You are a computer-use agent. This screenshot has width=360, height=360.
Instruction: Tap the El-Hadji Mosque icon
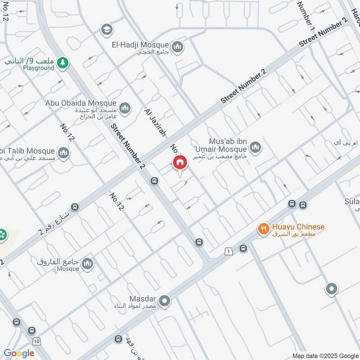click(x=178, y=46)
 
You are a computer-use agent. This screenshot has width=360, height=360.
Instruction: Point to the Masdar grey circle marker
click(x=165, y=301)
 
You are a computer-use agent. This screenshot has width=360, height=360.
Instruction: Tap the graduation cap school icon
click(x=107, y=29)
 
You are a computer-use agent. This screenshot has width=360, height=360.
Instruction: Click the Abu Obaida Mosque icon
click(x=125, y=108)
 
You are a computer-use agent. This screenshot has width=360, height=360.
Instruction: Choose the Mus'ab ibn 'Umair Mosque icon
click(x=255, y=147)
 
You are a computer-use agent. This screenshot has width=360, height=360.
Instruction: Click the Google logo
click(x=19, y=353)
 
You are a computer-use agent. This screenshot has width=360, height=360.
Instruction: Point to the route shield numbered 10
click(x=36, y=342)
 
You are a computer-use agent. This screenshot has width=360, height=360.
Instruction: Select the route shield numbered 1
click(x=229, y=251)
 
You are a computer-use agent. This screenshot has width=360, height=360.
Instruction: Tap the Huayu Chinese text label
click(x=297, y=227)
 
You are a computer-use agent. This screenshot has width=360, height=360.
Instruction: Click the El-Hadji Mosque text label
click(x=140, y=45)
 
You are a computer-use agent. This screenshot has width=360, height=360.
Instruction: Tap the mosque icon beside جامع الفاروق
click(x=87, y=264)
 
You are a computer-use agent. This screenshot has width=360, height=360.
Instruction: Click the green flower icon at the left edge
click(x=3, y=234)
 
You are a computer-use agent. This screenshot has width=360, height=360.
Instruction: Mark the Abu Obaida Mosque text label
click(x=81, y=103)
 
